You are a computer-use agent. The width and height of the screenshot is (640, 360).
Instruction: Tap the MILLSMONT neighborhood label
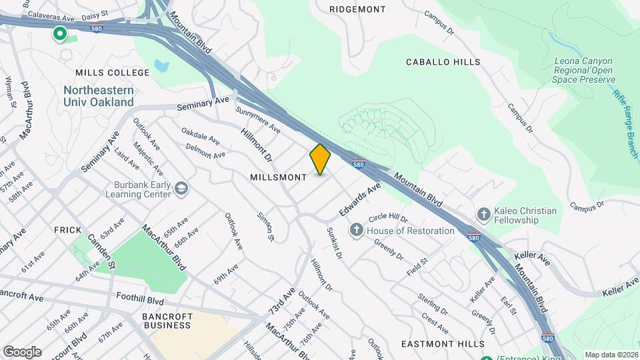pyautogui.click(x=278, y=177)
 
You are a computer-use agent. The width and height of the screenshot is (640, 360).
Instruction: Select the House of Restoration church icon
pyautogui.click(x=357, y=231)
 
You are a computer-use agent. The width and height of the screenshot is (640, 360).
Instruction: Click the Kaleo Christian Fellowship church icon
pyautogui.click(x=484, y=215)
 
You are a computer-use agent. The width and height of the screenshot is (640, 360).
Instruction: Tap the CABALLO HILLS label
pyautogui.click(x=443, y=62)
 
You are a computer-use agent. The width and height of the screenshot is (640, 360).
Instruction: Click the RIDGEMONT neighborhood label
pyautogui.click(x=357, y=9)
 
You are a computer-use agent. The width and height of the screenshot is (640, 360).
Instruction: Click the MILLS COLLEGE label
pyautogui.click(x=113, y=73)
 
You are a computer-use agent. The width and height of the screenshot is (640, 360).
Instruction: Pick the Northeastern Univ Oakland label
pyautogui.click(x=99, y=96)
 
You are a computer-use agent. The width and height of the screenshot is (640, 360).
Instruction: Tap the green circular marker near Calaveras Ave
pyautogui.click(x=60, y=33)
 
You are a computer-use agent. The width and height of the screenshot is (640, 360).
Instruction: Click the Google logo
pyautogui.click(x=22, y=351)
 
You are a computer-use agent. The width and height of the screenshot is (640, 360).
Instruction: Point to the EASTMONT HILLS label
pyautogui.click(x=443, y=343)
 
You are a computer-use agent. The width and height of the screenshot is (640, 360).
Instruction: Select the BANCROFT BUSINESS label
pyautogui.click(x=167, y=321)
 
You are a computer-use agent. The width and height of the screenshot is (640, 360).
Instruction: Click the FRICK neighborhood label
pyautogui.click(x=67, y=229)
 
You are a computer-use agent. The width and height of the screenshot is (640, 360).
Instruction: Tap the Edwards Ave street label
pyautogui.click(x=359, y=199)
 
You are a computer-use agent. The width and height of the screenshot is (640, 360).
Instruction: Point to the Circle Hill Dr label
pyautogui.click(x=388, y=218)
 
